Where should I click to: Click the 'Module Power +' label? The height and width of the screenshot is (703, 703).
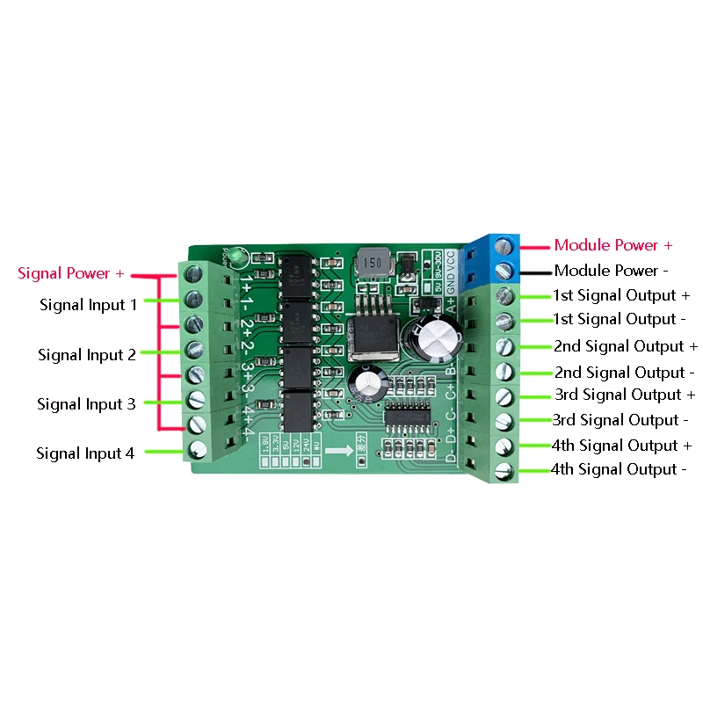pos(613,245)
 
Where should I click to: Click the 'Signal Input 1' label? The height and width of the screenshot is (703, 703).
pos(88,305)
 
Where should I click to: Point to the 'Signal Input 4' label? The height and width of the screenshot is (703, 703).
pos(85,453)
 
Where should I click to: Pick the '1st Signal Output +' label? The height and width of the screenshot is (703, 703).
pos(621,295)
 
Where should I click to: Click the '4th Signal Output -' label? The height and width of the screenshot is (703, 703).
pos(619,469)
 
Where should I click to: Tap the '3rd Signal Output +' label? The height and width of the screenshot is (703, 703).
pos(624,395)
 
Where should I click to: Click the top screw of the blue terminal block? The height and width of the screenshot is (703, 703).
pos(505,244)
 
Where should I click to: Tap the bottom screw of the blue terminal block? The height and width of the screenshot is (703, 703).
pos(505,270)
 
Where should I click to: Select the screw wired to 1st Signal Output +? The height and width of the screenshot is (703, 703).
pos(504,295)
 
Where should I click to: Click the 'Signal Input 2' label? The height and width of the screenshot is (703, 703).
pos(86,355)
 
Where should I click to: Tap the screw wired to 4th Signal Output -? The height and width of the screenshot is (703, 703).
pos(504,470)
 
